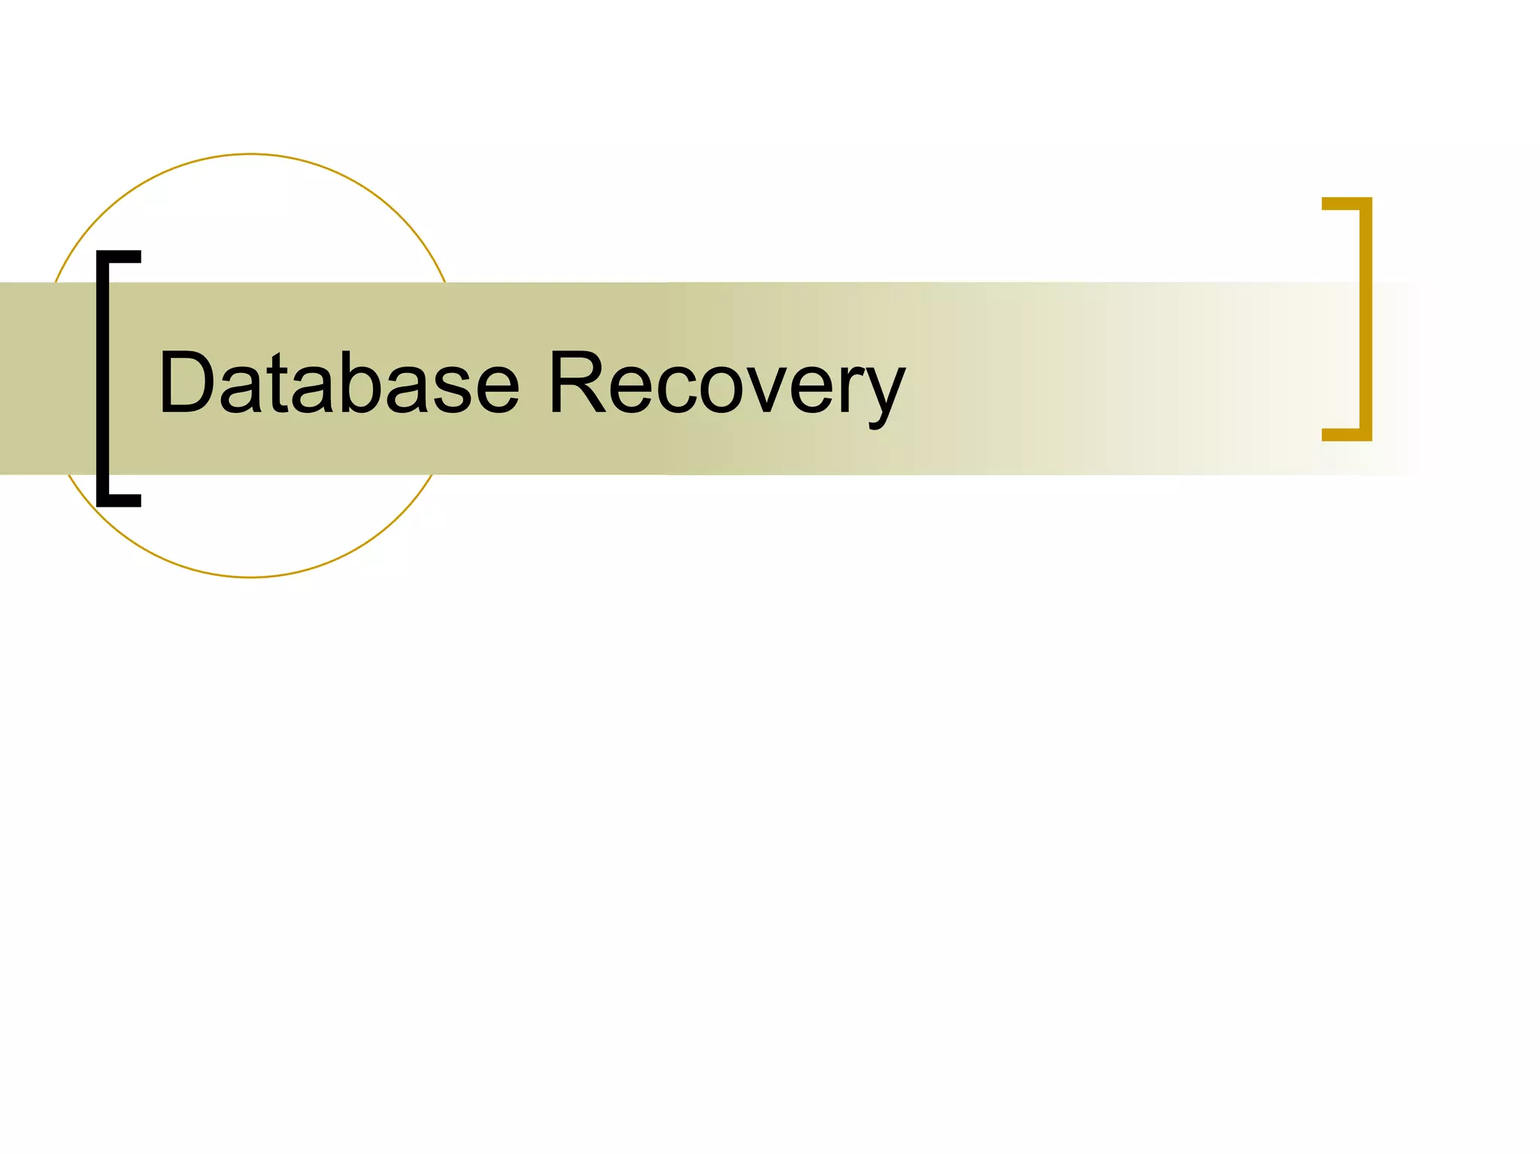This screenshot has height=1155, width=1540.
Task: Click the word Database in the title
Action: click(x=338, y=383)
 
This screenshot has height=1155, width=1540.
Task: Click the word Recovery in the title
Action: click(x=726, y=383)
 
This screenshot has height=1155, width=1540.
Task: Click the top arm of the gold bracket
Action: click(x=1346, y=204)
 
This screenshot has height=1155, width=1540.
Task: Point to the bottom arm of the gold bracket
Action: click(x=1346, y=435)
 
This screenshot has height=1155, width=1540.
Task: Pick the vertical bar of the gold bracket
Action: click(x=1366, y=319)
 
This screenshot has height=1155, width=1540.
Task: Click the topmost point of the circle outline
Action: click(x=250, y=154)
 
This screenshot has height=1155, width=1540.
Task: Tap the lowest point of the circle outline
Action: click(x=250, y=577)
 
